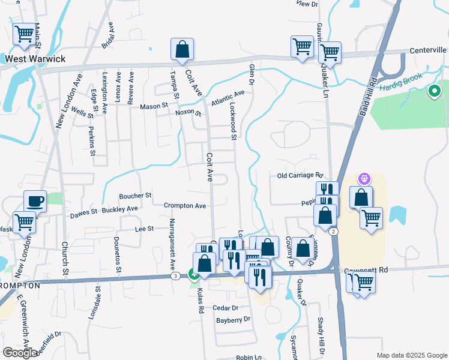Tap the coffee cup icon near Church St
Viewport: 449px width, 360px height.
[35, 202]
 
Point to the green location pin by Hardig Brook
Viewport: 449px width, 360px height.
[434, 92]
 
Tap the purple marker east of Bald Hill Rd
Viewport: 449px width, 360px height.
[364, 178]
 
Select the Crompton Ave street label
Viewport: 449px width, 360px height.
[185, 206]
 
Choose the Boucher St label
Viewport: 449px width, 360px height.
[135, 196]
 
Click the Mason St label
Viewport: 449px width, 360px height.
[154, 106]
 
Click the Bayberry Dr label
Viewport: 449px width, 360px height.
[233, 320]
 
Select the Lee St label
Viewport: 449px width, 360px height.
[145, 229]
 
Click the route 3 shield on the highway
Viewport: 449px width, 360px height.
[175, 275]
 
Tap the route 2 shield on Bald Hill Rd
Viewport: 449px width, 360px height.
[333, 232]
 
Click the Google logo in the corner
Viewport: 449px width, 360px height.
[20, 353]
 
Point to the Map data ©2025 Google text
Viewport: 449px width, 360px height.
[412, 355]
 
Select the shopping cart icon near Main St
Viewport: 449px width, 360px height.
[24, 35]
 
